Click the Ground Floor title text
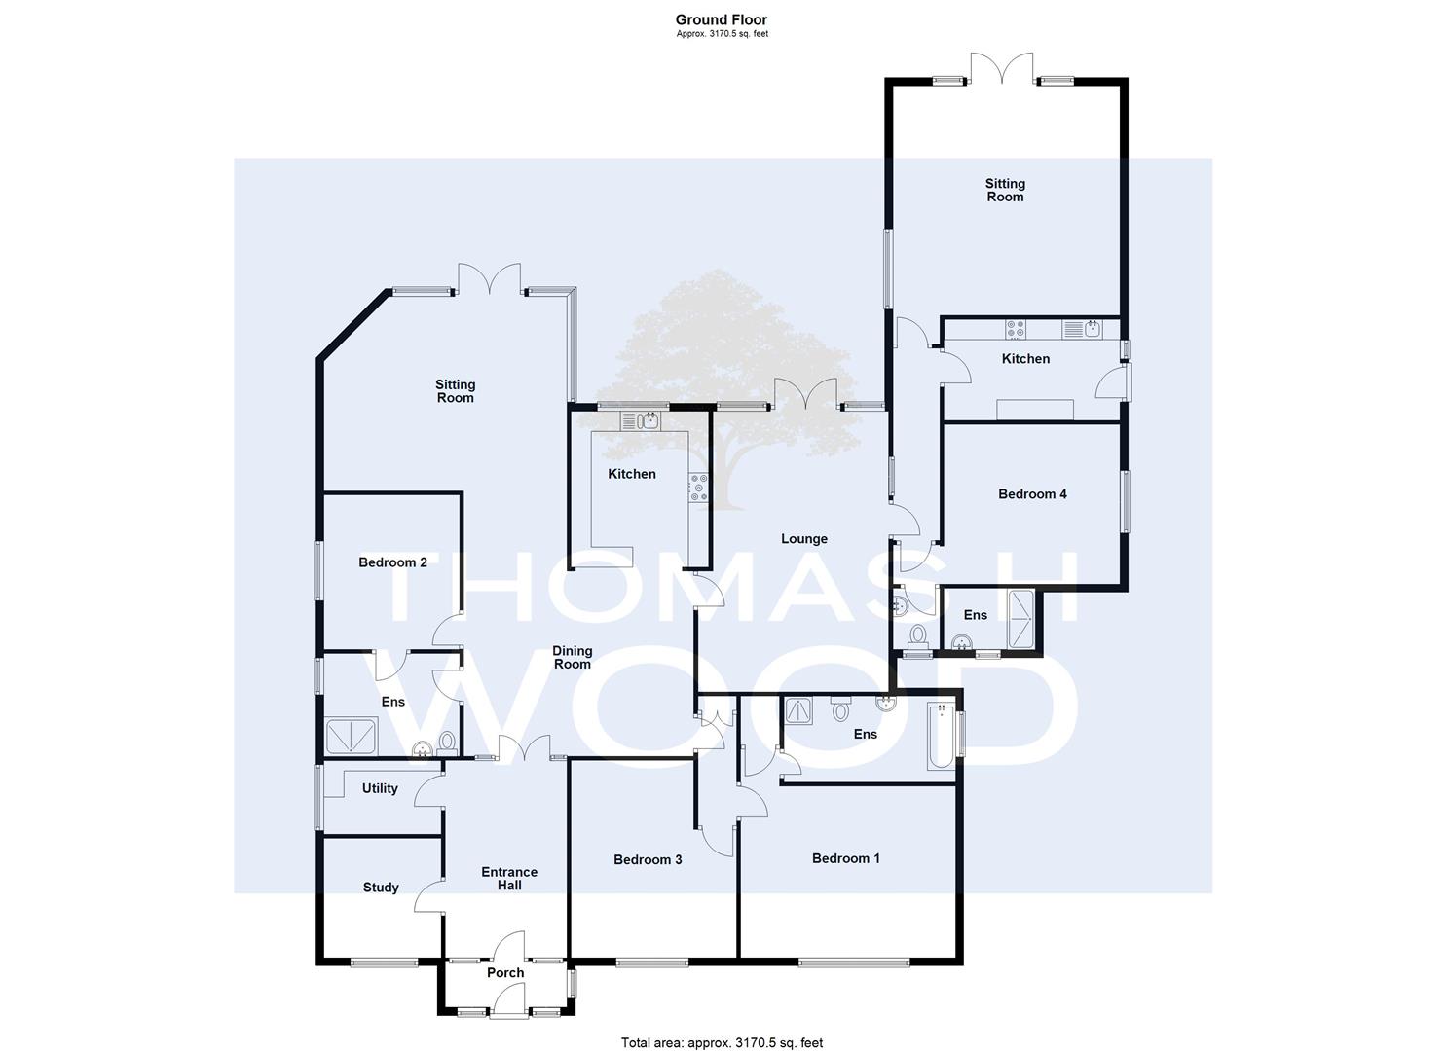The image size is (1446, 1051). [x=722, y=20]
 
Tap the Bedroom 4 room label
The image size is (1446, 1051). [x=1032, y=494]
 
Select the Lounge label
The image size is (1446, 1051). [x=803, y=539]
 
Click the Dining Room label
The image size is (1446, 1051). [x=572, y=658]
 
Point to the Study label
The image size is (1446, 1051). [x=380, y=888]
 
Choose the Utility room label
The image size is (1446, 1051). [x=380, y=788]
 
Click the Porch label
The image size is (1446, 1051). [x=504, y=972]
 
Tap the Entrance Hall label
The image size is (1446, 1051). [x=509, y=878]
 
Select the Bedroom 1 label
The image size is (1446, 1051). [x=845, y=858]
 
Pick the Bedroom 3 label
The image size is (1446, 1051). [x=648, y=859]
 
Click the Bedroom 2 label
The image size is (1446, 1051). [x=392, y=562]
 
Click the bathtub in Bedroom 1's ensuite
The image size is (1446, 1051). [x=942, y=736]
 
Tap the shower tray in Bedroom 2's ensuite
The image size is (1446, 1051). [x=352, y=736]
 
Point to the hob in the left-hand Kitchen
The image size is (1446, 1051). [x=698, y=488]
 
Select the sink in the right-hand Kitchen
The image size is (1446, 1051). [x=1082, y=330]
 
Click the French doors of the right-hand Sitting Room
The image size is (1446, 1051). [x=1003, y=68]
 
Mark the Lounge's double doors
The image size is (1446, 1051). [x=805, y=393]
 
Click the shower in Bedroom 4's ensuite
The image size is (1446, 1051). [x=1020, y=619]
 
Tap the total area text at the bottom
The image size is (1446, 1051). [x=722, y=1025]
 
